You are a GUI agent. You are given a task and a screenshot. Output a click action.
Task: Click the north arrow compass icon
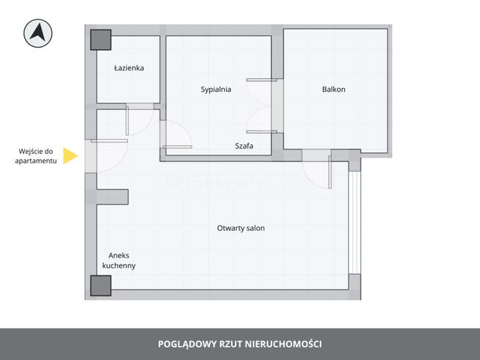[37, 32]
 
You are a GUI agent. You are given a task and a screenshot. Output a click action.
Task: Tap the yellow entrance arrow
[70, 155]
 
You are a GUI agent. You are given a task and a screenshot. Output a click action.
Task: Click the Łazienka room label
[129, 68]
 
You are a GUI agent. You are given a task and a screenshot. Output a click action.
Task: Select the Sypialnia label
[217, 89]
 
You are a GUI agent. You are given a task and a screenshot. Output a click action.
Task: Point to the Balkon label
[333, 89]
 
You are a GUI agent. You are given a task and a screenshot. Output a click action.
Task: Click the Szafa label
[244, 146]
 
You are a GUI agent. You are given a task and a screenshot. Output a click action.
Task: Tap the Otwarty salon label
[241, 228]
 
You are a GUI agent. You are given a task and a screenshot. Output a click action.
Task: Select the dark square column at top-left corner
[101, 40]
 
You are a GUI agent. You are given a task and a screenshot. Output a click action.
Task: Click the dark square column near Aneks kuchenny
[101, 285]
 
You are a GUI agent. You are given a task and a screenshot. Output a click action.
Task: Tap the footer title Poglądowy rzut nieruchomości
[240, 344]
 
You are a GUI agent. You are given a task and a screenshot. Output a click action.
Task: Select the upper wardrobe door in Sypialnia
[261, 91]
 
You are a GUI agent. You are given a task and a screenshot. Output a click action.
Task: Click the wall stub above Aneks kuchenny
[112, 196]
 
